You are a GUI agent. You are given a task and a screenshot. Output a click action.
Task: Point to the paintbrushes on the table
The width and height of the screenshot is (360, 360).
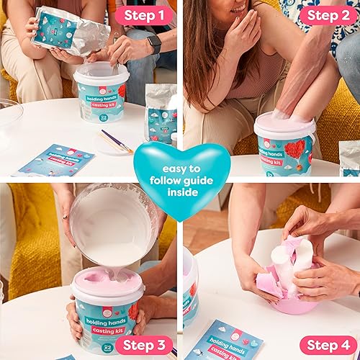coord(115,140)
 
